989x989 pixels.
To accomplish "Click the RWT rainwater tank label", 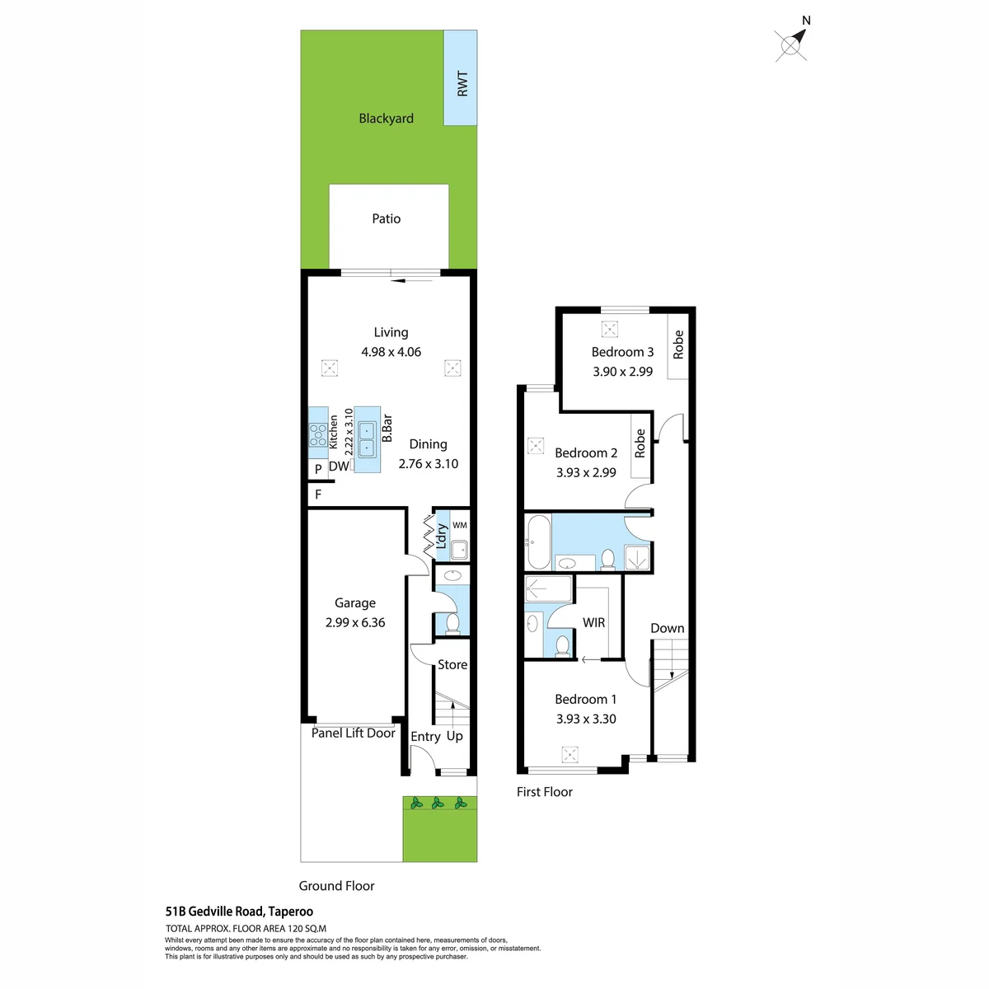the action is [x=462, y=84].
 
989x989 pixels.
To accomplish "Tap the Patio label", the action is [x=386, y=218].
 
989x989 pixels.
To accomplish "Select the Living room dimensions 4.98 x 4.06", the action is [x=391, y=352].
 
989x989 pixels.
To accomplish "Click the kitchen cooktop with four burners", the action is [x=318, y=434].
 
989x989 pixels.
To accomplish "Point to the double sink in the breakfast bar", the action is [x=367, y=439].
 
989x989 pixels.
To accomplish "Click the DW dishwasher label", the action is [x=339, y=466].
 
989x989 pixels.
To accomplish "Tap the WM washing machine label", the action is [x=460, y=525].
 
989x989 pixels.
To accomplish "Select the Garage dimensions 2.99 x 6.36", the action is [x=355, y=622].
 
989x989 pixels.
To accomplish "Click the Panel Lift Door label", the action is [x=353, y=733].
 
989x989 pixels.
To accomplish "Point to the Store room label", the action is [x=452, y=664].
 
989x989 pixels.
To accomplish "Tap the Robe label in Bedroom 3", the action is [x=678, y=345].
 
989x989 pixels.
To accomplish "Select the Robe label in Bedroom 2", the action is [x=640, y=443].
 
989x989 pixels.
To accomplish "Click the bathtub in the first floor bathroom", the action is [x=539, y=542].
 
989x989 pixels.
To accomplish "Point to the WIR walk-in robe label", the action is [x=593, y=622].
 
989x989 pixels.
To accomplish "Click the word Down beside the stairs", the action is [x=668, y=628].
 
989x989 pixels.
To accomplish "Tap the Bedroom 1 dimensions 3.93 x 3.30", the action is [x=586, y=719].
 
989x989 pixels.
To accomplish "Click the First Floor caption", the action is [x=545, y=792].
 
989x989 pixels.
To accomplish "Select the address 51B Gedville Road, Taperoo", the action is [x=239, y=912].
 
